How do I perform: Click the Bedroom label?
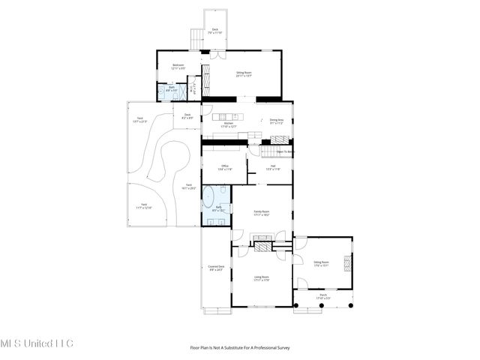point(178,67)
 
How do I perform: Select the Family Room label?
point(261,213)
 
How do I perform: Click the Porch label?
point(322,296)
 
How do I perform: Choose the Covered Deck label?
point(216,268)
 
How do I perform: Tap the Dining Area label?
point(277,121)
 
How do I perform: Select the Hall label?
point(273,168)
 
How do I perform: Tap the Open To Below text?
point(284,151)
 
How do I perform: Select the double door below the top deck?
point(216,55)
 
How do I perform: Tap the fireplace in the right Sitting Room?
point(346,262)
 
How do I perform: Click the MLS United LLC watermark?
point(37,343)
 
